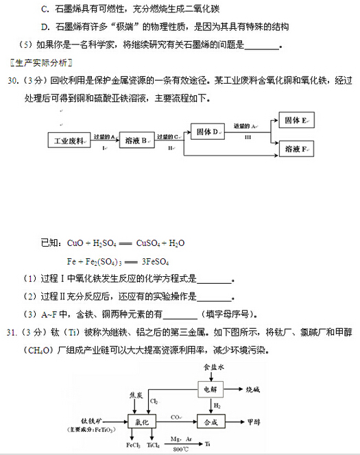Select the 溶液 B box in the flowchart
(x=136, y=141)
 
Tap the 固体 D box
(x=206, y=131)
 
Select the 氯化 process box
(x=142, y=421)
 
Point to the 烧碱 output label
(x=254, y=389)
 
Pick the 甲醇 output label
(x=254, y=421)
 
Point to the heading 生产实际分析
(x=40, y=62)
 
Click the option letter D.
(x=45, y=27)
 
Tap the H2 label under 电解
(x=217, y=406)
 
